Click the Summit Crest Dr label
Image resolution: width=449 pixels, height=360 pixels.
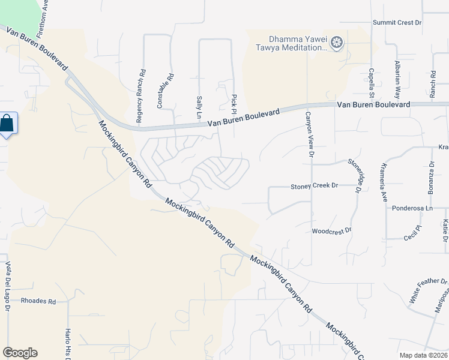(397, 22)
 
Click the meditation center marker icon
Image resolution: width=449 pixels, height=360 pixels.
(337, 43)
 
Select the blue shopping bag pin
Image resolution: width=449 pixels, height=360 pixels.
(7, 124)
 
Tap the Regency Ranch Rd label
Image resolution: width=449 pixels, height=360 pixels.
(140, 96)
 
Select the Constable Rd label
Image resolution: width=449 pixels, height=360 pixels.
(161, 91)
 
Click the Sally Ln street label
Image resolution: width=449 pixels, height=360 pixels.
(199, 106)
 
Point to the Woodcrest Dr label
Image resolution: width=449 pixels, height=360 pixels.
(331, 230)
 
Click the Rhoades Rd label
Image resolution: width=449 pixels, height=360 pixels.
(38, 301)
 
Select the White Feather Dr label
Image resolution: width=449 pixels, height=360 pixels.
(428, 290)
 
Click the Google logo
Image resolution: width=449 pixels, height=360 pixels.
(20, 353)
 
